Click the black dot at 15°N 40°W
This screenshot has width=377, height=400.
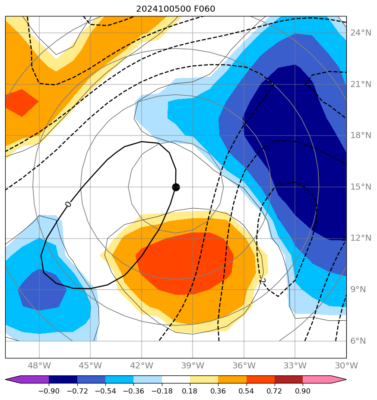coord(176,187)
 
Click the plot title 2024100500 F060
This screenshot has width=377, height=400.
coord(175,9)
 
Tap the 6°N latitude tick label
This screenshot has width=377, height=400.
coord(358,341)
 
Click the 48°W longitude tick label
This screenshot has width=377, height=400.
coord(39,365)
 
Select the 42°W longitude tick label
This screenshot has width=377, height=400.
coord(141,365)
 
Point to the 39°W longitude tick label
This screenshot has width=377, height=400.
coord(193,365)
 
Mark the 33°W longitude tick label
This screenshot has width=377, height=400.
coord(295,365)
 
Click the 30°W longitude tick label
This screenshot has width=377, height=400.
coord(346,365)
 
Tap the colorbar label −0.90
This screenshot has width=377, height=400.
coord(48,391)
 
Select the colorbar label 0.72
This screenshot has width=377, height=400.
coord(275,391)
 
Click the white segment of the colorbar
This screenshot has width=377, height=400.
coord(176,380)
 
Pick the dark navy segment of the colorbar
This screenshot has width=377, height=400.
coord(63,380)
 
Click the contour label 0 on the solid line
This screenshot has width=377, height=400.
coord(68,204)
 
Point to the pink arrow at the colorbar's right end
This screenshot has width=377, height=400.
coord(339,380)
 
